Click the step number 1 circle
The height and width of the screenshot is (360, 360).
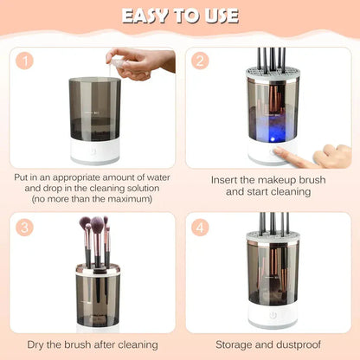[x=29, y=62]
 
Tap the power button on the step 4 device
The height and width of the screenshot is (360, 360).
[x=273, y=316]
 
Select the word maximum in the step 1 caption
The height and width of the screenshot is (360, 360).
[x=126, y=200]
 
